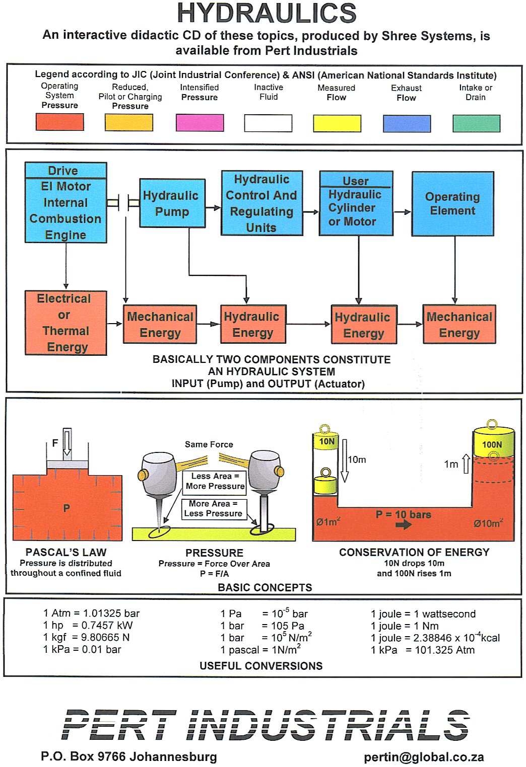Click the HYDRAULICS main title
(x=266, y=14)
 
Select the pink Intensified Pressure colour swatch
(x=200, y=123)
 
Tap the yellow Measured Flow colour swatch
(x=337, y=123)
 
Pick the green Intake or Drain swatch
(x=476, y=123)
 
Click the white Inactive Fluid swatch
(x=268, y=123)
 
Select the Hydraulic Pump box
(x=172, y=203)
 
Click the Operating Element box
(x=452, y=204)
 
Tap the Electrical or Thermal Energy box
(x=65, y=323)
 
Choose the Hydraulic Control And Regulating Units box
(x=261, y=203)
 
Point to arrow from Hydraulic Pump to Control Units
(x=213, y=208)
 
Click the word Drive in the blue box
(x=63, y=171)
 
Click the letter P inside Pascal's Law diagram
(x=67, y=508)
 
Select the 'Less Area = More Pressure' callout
(x=215, y=481)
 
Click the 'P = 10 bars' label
(x=403, y=515)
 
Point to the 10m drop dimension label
(x=357, y=459)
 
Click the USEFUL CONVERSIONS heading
(x=261, y=666)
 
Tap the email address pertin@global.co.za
(x=424, y=757)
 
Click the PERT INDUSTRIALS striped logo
(x=266, y=725)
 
